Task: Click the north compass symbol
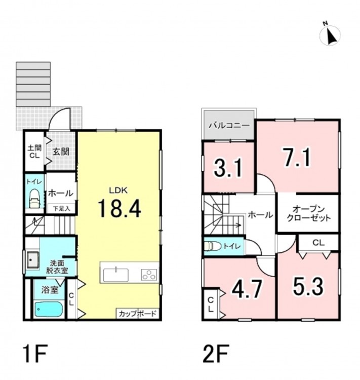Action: click(x=330, y=34)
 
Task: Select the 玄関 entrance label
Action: click(x=61, y=152)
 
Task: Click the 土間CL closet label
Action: click(x=34, y=151)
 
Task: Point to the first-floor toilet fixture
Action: click(x=34, y=199)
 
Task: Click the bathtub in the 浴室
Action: click(x=49, y=309)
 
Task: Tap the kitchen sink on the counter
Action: click(x=116, y=275)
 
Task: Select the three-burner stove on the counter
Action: click(x=149, y=275)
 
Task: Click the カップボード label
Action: click(x=138, y=314)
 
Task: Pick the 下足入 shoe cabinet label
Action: click(x=62, y=208)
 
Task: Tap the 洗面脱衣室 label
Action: click(x=57, y=267)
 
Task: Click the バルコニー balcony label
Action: click(x=229, y=126)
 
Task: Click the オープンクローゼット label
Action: click(x=309, y=213)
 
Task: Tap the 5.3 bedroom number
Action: click(x=308, y=286)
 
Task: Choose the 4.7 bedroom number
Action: click(x=247, y=288)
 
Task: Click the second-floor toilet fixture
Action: click(x=213, y=246)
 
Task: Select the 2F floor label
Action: click(x=215, y=354)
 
